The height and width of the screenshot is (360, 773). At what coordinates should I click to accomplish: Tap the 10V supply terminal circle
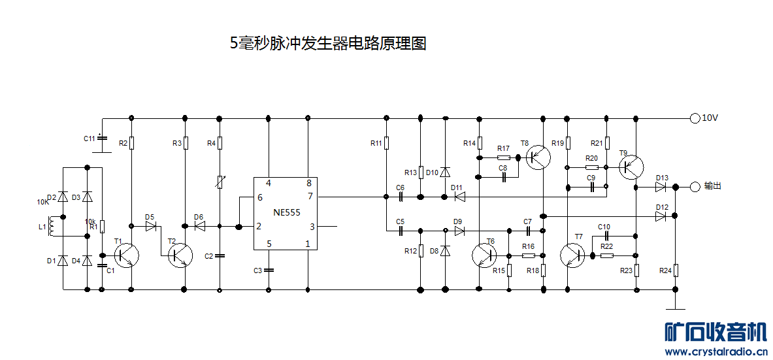pyautogui.click(x=695, y=118)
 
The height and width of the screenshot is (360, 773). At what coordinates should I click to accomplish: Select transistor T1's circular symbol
pyautogui.click(x=127, y=255)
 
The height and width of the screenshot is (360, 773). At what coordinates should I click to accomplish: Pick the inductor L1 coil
pyautogui.click(x=52, y=227)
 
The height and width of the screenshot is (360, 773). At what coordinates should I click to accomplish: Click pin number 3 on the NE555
pyautogui.click(x=312, y=227)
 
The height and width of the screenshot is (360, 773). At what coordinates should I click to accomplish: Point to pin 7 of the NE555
pyautogui.click(x=310, y=196)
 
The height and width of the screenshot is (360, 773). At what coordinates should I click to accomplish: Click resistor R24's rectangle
pyautogui.click(x=676, y=269)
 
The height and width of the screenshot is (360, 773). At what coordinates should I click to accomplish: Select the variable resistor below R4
pyautogui.click(x=220, y=182)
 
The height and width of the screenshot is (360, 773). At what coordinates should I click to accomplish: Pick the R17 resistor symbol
pyautogui.click(x=504, y=157)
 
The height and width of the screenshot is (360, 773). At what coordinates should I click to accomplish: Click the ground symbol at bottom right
pyautogui.click(x=676, y=309)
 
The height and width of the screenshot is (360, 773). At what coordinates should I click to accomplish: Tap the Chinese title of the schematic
pyautogui.click(x=328, y=44)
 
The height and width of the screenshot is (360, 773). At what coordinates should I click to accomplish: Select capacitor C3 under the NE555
pyautogui.click(x=269, y=270)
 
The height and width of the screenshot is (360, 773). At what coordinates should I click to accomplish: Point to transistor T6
pyautogui.click(x=484, y=255)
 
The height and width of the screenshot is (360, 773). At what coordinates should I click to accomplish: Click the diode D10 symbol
pyautogui.click(x=445, y=172)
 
